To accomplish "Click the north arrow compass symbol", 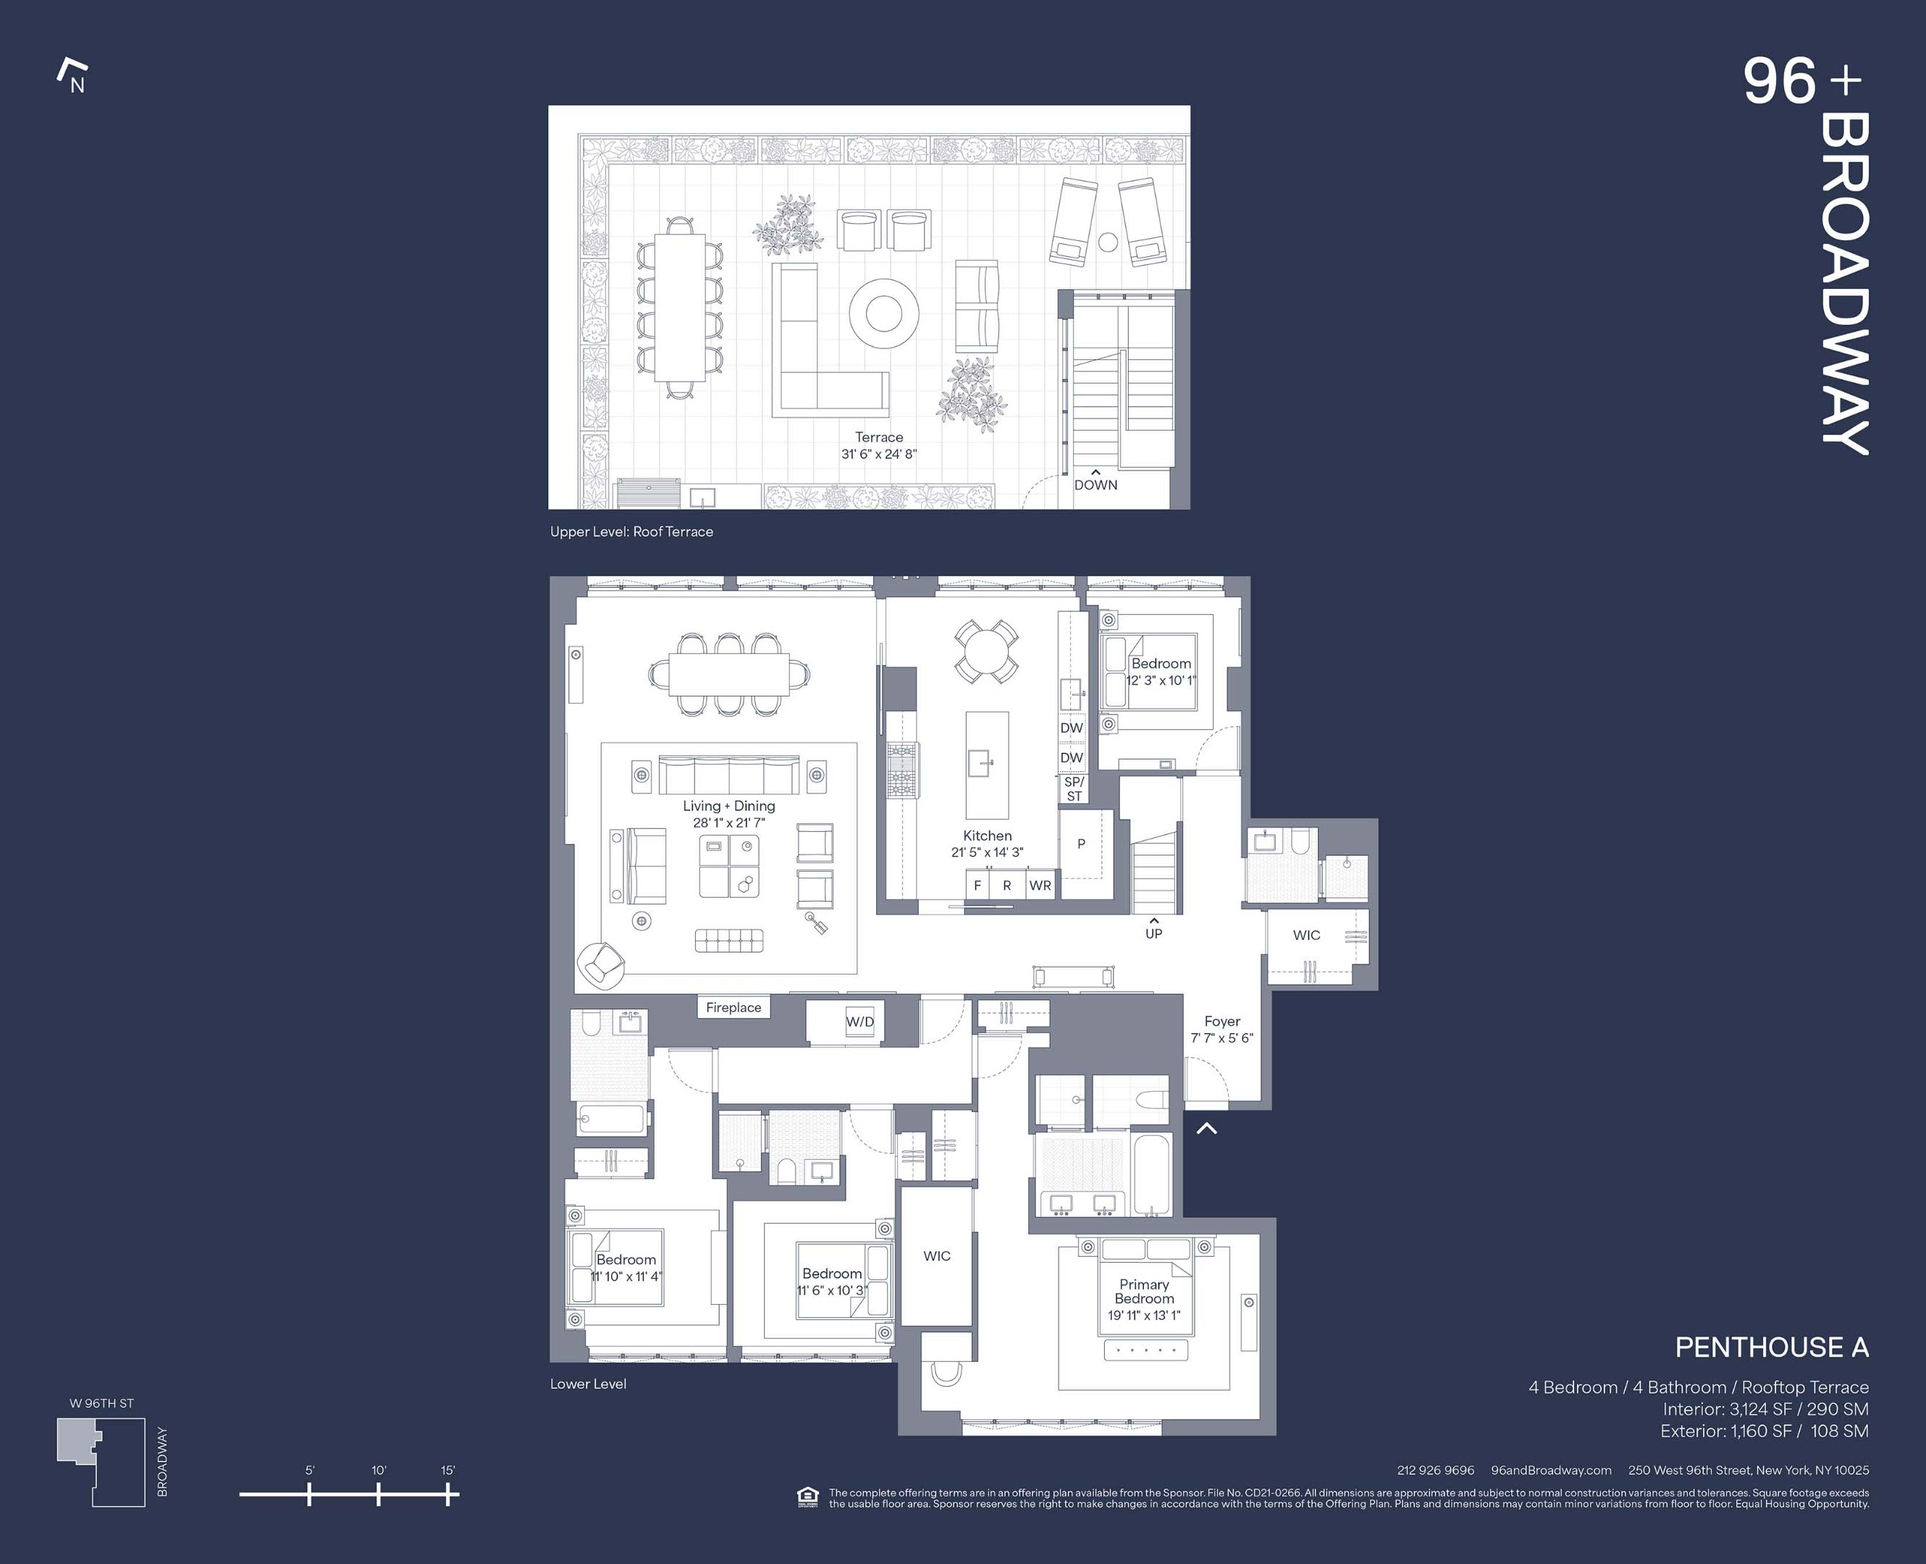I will point(72,77).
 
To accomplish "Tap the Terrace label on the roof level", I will point(878,437).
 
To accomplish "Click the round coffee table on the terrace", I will point(883,313).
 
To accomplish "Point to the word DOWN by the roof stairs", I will point(1096,484).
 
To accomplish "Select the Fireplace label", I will point(733,1007).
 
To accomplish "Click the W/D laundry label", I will point(859,1022).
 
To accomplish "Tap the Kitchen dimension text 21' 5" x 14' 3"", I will point(988,852).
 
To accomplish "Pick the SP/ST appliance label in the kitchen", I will point(1074,789).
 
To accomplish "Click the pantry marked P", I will point(1081,844).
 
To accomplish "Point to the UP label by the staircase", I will point(1154,933).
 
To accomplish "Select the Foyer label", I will point(1222,1021).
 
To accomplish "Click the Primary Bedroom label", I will point(1144,1291).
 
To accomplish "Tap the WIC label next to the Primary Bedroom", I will point(937,1256).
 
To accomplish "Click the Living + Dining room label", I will point(729,807).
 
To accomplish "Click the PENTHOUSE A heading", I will point(1771,1348).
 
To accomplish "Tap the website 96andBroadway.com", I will point(1551,1471).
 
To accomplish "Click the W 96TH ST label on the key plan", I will point(102,1404).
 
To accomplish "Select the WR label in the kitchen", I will point(1040,886).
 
